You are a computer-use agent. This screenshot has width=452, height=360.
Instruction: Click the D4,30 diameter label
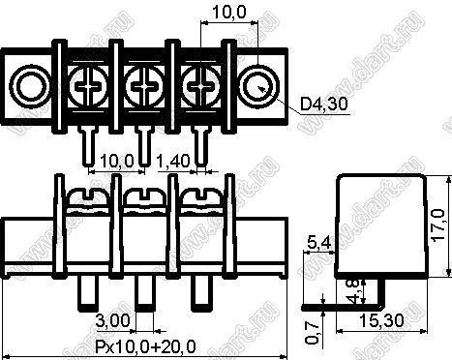click(x=324, y=104)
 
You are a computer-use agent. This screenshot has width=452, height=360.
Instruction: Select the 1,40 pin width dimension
click(x=173, y=161)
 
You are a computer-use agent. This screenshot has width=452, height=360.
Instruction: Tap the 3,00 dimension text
click(x=113, y=320)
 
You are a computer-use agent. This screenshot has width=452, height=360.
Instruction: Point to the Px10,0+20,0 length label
click(x=145, y=346)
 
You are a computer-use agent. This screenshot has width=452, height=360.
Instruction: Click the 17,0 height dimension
click(x=438, y=225)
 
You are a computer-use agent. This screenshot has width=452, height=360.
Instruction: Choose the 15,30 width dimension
click(x=381, y=320)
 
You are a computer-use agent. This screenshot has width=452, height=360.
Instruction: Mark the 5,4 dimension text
click(x=319, y=243)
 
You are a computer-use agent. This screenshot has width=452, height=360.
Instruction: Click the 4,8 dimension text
click(x=356, y=291)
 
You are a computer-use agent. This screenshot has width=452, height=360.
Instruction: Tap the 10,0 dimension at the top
click(x=229, y=13)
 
